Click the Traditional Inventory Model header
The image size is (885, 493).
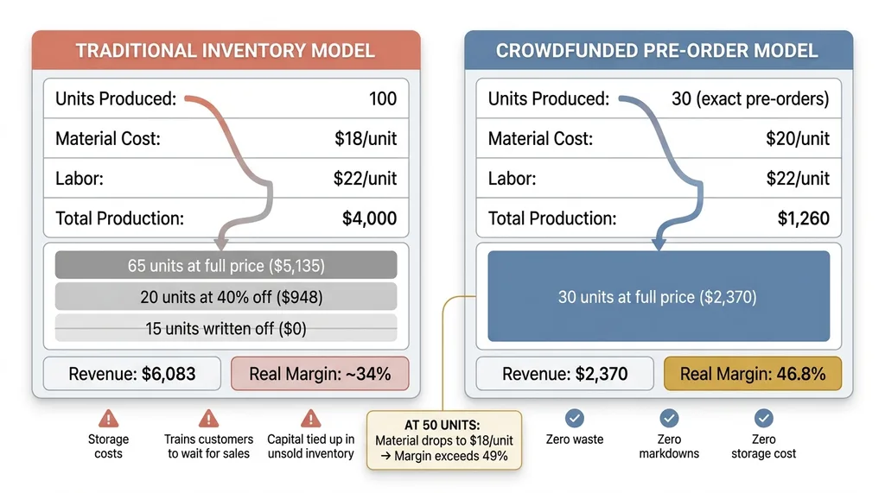226,50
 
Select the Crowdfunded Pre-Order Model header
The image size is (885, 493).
657,50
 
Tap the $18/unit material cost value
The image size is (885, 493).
365,138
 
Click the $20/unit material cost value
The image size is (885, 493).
798,138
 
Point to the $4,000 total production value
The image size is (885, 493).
370,218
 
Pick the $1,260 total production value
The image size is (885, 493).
803,218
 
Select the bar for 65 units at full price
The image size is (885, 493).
226,265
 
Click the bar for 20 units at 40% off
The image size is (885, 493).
226,297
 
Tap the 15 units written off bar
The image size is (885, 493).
226,328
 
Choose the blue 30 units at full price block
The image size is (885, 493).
658,297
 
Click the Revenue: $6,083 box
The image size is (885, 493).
132,374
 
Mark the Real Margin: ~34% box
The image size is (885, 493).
320,374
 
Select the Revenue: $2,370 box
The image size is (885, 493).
565,374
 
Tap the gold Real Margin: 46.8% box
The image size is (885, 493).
752,374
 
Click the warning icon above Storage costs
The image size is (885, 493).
108,419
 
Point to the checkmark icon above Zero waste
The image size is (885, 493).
574,419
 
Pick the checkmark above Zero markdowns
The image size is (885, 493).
669,419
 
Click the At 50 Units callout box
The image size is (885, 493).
443,439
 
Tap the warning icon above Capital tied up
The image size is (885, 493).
310,419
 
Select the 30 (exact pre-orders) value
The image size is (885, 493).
749,98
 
